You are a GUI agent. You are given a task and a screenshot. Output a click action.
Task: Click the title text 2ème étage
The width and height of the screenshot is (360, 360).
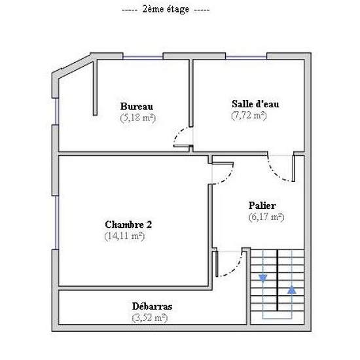166,10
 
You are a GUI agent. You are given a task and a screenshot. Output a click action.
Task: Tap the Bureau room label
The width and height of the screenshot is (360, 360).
137,106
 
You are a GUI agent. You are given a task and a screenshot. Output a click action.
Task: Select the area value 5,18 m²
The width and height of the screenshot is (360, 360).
138,118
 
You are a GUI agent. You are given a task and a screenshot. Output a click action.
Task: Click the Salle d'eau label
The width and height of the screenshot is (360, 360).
255,104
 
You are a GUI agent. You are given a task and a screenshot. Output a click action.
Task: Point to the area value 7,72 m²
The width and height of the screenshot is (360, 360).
249,115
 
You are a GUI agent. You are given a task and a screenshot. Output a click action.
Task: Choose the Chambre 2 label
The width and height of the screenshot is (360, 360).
128,225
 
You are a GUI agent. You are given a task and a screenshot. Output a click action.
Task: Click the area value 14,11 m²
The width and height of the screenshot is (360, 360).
124,236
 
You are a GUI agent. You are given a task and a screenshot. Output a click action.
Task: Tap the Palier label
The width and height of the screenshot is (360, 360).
262,206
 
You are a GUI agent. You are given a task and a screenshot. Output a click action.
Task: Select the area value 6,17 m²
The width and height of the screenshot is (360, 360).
266,217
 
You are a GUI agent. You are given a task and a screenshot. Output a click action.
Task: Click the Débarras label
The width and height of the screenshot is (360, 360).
153,306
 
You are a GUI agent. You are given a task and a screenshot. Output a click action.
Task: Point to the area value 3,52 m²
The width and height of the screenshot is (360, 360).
150,318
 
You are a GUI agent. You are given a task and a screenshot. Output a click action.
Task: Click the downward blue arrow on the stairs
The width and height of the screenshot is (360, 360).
263,278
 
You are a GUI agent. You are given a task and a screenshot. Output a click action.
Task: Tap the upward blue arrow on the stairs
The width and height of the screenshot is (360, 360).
291,290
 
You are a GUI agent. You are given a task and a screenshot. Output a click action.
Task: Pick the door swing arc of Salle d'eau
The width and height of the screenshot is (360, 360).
276,172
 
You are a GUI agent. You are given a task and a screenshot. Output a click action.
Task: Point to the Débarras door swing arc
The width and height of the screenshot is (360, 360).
235,268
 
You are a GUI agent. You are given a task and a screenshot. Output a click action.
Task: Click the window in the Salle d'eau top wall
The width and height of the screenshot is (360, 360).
246,56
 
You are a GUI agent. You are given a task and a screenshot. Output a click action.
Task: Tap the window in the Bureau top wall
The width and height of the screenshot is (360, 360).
143,56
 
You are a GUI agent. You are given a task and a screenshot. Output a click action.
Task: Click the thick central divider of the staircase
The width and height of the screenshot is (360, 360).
278,280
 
